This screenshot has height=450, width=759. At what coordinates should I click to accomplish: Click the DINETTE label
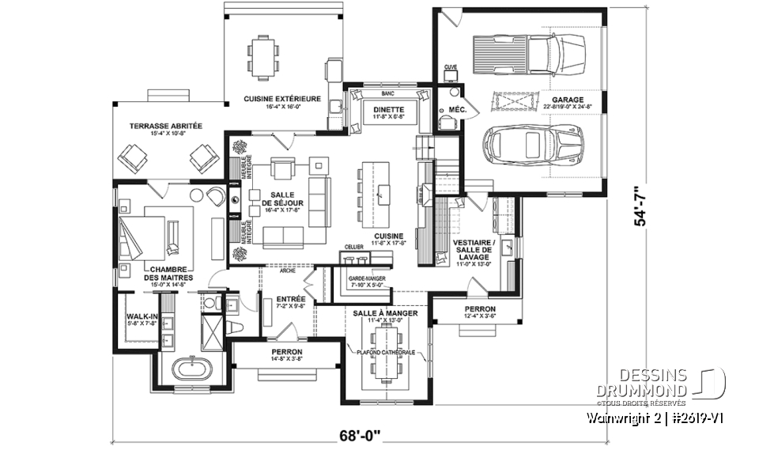388,110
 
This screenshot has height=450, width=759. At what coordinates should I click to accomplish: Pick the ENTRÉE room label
291,299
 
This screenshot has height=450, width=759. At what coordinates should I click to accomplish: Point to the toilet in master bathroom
234,327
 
